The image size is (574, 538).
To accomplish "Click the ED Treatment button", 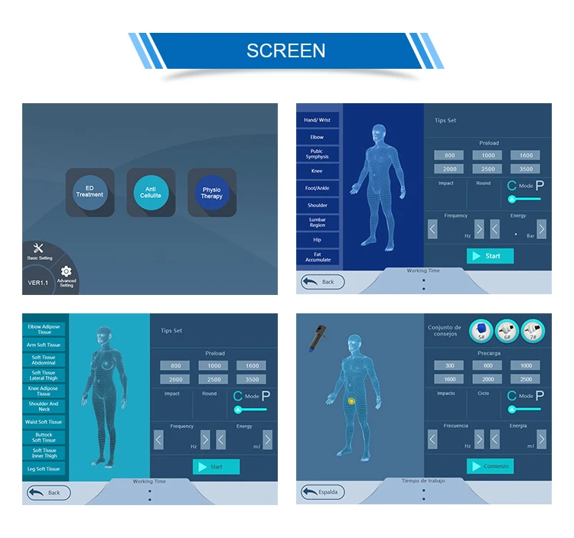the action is pos(90,191).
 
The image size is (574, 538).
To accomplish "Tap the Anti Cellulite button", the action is pos(151,191).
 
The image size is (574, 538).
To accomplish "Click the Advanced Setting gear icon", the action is pos(67,272).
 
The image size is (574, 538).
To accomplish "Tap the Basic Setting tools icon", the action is pos(38,249).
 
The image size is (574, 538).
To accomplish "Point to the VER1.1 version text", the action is pos(38,282).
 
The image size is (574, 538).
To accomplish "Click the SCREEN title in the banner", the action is pos(285,50).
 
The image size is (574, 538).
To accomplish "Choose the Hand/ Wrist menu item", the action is pos(317,120).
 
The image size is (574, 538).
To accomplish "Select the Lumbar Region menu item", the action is pos(317,222).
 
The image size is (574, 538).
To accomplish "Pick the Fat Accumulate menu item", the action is pos(317,257).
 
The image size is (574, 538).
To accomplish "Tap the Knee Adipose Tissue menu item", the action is pos(44,391).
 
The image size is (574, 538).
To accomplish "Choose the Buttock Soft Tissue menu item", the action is pos(44,437).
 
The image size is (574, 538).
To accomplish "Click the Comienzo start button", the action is pos(490,465).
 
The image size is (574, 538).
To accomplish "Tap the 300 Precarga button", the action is pos(449,365).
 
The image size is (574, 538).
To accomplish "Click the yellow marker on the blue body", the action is pos(351,400).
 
